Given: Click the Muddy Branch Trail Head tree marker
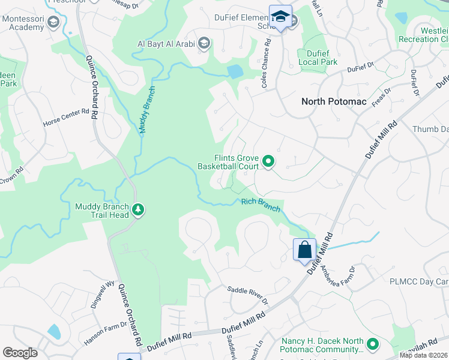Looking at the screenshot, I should coord(139,210).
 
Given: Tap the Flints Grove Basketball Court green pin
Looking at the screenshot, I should coord(268,161).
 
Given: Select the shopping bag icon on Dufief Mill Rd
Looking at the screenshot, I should coord(304,250).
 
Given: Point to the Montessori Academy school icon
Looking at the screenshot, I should coord(53,23).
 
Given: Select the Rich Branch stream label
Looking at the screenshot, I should coord(261,205).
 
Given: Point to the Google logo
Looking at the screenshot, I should coord(20,353).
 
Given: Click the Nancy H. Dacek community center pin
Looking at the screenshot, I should coord(373,344).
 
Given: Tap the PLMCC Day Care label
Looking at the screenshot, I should coord(418,281).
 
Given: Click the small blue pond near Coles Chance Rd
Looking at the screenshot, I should coord(235,71).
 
